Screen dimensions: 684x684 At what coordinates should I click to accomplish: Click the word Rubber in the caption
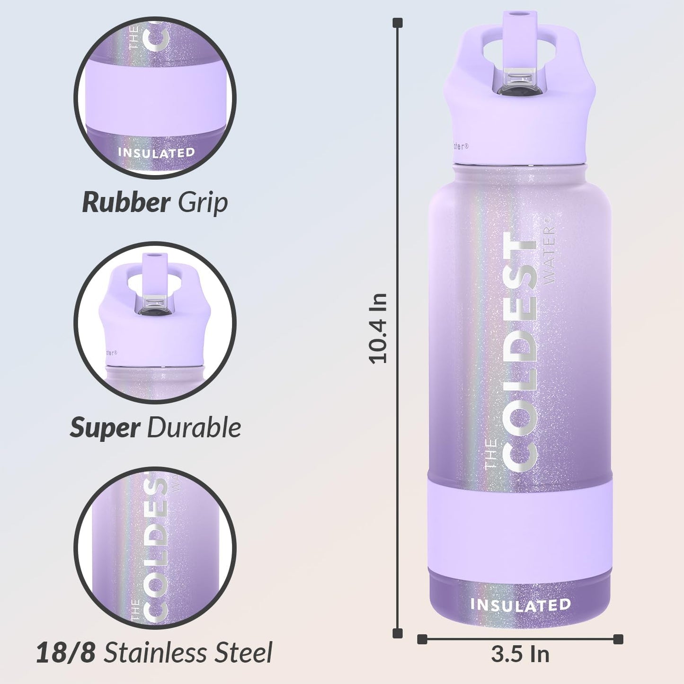pyautogui.click(x=126, y=203)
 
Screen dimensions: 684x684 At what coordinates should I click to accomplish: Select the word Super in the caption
pyautogui.click(x=105, y=428)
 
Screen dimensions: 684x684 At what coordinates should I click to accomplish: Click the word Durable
pyautogui.click(x=194, y=428)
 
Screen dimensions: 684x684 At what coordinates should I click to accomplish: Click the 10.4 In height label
pyautogui.click(x=378, y=328)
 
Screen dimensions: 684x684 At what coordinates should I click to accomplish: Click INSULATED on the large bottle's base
pyautogui.click(x=520, y=605)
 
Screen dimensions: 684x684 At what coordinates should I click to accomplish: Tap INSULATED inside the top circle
pyautogui.click(x=156, y=153)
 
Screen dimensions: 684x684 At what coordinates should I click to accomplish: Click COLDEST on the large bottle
pyautogui.click(x=520, y=352)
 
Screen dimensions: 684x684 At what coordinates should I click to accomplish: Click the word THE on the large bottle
pyautogui.click(x=491, y=453)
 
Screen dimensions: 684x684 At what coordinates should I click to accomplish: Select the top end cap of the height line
pyautogui.click(x=398, y=22)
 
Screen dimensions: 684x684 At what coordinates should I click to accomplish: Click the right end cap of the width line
pyautogui.click(x=618, y=640)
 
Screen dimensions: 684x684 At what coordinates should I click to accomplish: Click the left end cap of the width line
pyautogui.click(x=422, y=640)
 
